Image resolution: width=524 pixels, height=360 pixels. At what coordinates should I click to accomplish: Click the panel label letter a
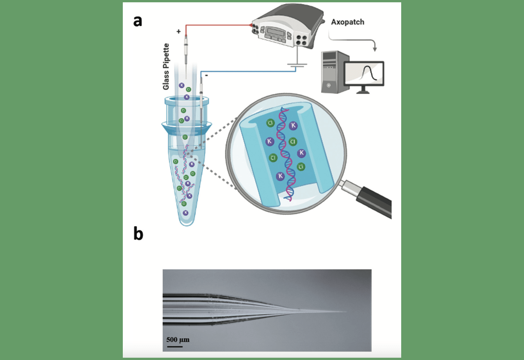tap(138, 21)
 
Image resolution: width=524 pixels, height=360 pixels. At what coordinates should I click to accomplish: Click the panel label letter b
tap(138, 234)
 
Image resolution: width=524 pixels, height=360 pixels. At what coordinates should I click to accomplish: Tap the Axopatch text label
tap(347, 22)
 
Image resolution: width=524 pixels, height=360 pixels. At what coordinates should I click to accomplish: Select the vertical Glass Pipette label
tap(166, 66)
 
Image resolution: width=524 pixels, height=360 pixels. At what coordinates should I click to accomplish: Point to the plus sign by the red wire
tap(178, 31)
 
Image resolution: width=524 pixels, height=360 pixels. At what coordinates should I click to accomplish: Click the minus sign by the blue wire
tap(206, 76)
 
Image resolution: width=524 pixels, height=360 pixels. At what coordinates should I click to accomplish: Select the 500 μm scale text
tap(178, 339)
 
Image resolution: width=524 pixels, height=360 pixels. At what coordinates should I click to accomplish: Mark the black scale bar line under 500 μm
tap(175, 346)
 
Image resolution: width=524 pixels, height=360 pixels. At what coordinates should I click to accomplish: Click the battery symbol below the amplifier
tap(297, 66)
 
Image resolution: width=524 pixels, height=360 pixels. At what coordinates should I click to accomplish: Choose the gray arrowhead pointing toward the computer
tap(375, 49)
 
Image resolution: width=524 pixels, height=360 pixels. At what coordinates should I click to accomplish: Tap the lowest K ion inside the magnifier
tap(280, 176)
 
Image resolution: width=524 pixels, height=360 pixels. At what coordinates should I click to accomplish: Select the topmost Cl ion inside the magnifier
tap(270, 123)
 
